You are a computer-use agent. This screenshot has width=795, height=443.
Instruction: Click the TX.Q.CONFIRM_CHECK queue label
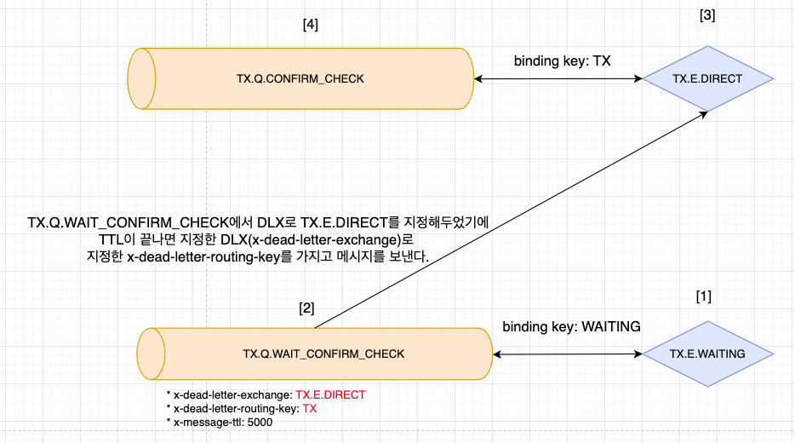point(300,79)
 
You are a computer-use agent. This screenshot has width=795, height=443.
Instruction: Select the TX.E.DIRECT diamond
point(707,79)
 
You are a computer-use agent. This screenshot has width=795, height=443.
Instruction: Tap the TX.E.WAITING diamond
point(707,354)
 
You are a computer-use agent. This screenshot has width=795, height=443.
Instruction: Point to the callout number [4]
point(311,25)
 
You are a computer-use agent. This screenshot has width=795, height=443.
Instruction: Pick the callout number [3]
point(706,15)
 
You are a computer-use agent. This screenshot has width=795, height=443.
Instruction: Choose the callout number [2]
point(306,308)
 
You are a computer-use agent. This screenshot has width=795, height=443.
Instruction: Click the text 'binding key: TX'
point(562,61)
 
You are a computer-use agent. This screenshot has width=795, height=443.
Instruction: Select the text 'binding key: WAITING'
point(571,326)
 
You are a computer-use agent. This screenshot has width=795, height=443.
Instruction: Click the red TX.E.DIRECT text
point(330,395)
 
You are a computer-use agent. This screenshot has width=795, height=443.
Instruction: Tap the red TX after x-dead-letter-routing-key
point(310,408)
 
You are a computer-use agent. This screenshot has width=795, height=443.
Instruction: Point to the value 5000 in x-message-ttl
point(260,422)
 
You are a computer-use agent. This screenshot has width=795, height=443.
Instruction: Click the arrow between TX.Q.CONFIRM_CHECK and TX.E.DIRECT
point(558,79)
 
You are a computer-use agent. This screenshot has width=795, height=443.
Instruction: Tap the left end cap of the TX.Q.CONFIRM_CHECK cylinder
point(141,79)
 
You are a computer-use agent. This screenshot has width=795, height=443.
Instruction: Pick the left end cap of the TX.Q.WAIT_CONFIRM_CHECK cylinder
point(152,354)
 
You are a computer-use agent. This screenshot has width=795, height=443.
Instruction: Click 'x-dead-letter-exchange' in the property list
point(232,395)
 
